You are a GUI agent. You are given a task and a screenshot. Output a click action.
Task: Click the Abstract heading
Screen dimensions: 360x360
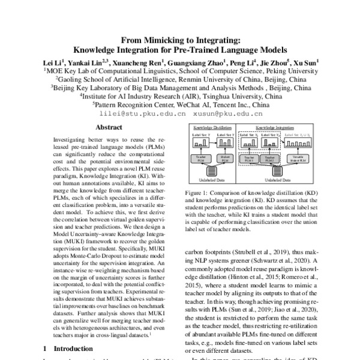(x=109, y=127)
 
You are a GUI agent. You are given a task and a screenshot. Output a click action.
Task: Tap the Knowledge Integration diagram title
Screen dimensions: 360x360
(x=274, y=128)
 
